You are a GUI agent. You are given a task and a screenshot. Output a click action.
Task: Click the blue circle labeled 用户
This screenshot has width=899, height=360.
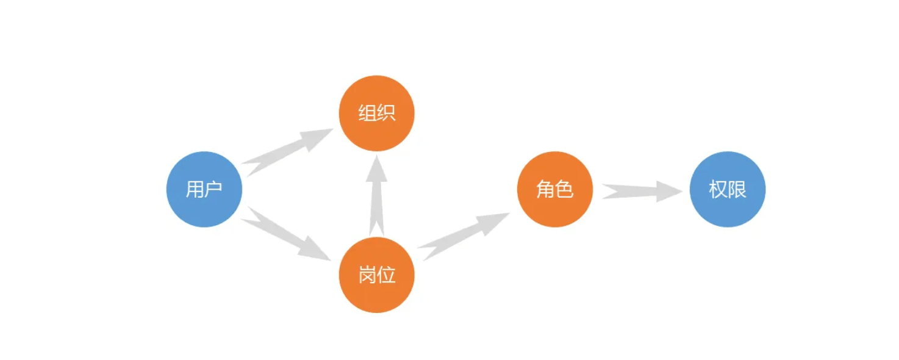(204, 189)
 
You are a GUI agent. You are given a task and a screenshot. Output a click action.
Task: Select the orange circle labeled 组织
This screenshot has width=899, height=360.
(376, 113)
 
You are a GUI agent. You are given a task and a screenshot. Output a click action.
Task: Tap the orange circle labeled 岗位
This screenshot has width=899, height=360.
(376, 275)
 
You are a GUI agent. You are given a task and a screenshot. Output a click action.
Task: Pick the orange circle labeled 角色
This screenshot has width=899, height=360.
(554, 189)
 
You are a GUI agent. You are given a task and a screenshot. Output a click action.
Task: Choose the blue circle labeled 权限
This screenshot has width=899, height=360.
(727, 189)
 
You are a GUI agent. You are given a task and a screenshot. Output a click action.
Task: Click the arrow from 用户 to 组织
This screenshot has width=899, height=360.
(287, 152)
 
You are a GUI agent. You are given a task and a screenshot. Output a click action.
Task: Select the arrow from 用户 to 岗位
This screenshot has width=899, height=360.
(286, 234)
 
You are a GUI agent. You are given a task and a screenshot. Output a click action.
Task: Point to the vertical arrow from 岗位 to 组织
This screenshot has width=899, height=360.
(376, 195)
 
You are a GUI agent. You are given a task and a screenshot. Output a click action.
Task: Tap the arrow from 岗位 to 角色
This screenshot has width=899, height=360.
(464, 236)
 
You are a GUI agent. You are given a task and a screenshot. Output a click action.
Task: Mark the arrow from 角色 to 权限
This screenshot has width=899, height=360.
(642, 192)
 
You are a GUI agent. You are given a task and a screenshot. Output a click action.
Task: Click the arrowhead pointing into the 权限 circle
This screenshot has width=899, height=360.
(670, 192)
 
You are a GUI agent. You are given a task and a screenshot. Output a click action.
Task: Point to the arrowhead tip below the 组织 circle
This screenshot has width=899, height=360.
(376, 156)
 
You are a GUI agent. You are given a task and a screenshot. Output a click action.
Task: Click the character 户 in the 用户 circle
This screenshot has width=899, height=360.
(214, 189)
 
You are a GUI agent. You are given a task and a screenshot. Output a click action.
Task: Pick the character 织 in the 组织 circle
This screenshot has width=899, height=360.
(387, 113)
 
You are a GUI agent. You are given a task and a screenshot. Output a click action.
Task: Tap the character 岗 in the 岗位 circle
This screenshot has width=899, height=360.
(367, 275)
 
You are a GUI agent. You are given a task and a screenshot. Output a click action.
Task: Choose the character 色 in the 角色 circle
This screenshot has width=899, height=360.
(564, 189)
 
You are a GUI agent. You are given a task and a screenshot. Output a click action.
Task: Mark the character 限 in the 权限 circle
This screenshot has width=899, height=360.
(737, 189)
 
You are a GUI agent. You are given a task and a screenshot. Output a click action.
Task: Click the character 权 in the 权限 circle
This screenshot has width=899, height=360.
(718, 189)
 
